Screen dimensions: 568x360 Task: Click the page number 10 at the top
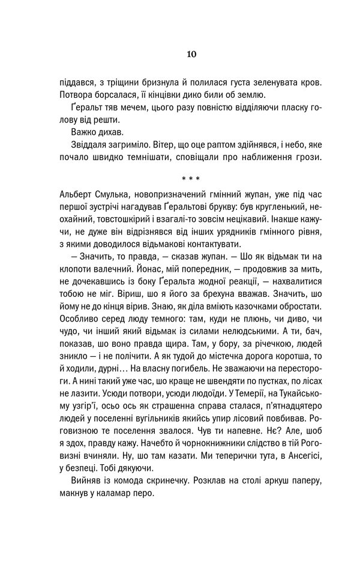(x=190, y=54)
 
